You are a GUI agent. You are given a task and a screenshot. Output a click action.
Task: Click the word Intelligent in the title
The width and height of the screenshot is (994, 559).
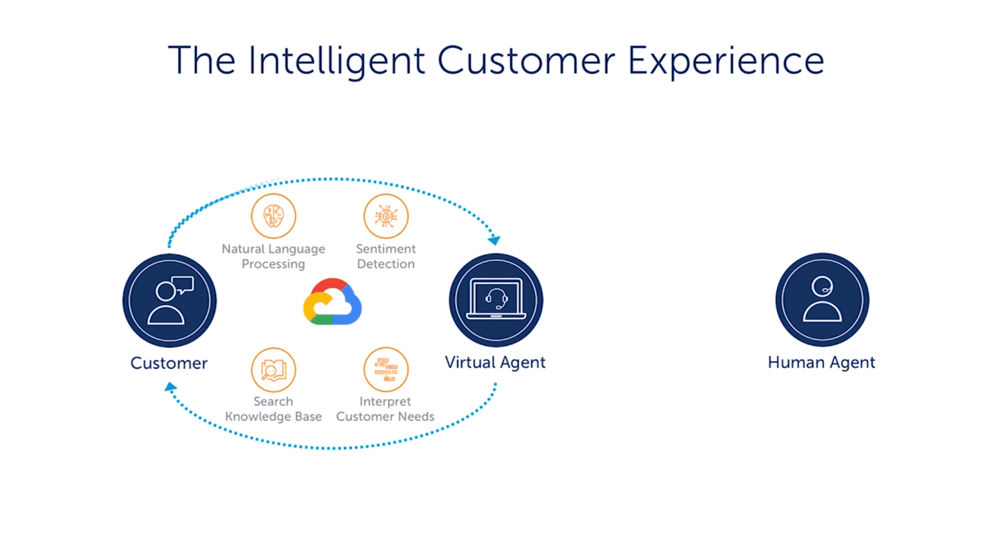coord(337,62)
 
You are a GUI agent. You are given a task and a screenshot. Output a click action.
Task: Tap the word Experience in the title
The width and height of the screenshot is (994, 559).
coord(726,62)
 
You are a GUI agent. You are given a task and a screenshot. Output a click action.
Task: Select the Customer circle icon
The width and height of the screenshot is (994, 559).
coord(169,301)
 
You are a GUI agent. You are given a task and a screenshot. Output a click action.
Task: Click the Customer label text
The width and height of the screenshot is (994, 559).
coord(169,363)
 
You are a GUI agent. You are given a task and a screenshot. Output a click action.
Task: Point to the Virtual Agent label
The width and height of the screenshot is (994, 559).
coord(495,363)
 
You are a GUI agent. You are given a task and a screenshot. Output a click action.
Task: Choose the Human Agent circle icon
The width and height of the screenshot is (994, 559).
coord(822,300)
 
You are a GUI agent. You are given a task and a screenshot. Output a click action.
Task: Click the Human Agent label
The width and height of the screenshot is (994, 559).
coord(822,363)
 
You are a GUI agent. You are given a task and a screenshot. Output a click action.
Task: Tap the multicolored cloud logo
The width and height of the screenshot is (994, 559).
coord(332,302)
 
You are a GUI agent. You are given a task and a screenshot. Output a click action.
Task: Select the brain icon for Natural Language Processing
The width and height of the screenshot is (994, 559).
coord(273,216)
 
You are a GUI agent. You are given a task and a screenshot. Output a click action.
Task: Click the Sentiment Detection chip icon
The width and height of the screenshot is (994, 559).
coord(386,216)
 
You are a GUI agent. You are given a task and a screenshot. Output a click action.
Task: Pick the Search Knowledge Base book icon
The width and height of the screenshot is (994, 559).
coord(273,370)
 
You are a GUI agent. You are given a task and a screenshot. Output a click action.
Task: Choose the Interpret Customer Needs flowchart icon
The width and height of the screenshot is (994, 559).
coord(386,370)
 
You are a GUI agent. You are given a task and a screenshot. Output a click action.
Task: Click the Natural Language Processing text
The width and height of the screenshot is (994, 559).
coord(273,257)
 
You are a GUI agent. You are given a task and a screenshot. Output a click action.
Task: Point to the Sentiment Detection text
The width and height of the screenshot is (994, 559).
coord(386,256)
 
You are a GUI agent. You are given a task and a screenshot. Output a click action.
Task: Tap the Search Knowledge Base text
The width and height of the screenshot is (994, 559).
coord(273,409)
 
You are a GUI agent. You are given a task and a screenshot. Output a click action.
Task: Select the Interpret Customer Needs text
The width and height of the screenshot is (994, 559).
coord(385,409)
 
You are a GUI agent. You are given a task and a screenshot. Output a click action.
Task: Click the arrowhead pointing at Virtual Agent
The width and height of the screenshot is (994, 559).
coord(495,240)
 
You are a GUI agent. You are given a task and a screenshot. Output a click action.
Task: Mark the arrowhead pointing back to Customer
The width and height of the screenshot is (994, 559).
coord(170,387)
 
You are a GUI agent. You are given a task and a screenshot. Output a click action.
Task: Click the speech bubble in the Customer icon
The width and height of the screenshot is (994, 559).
coord(183,284)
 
